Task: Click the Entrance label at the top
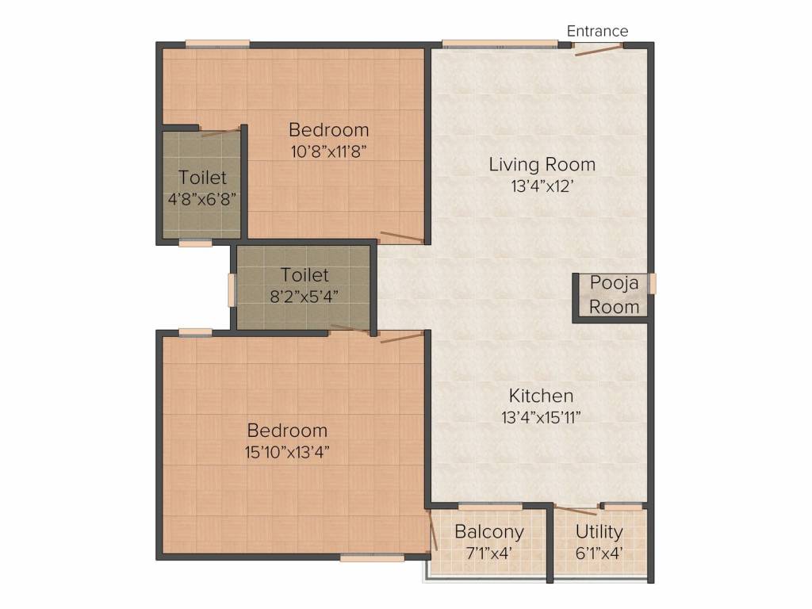(597, 31)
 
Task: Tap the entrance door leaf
(598, 50)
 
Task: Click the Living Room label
(542, 165)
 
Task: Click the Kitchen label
(541, 396)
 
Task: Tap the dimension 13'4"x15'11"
(541, 417)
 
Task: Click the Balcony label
(488, 531)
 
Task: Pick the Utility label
(599, 531)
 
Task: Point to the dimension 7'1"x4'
(488, 553)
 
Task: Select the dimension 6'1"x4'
(599, 553)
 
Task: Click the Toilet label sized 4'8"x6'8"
(202, 177)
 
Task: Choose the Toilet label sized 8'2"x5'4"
(304, 275)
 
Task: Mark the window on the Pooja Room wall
(652, 284)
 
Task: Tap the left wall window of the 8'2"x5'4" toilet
(232, 290)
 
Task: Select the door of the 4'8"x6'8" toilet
(220, 132)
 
